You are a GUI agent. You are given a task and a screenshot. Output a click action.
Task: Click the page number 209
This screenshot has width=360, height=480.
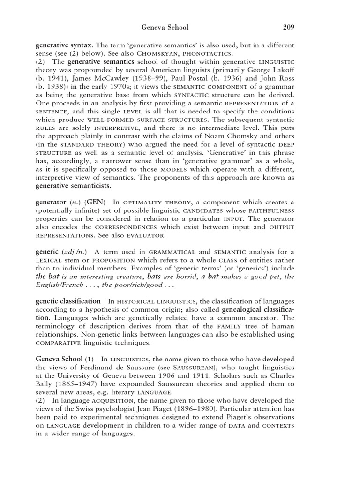289,27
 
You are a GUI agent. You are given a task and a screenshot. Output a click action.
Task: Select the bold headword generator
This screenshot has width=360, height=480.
51,202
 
